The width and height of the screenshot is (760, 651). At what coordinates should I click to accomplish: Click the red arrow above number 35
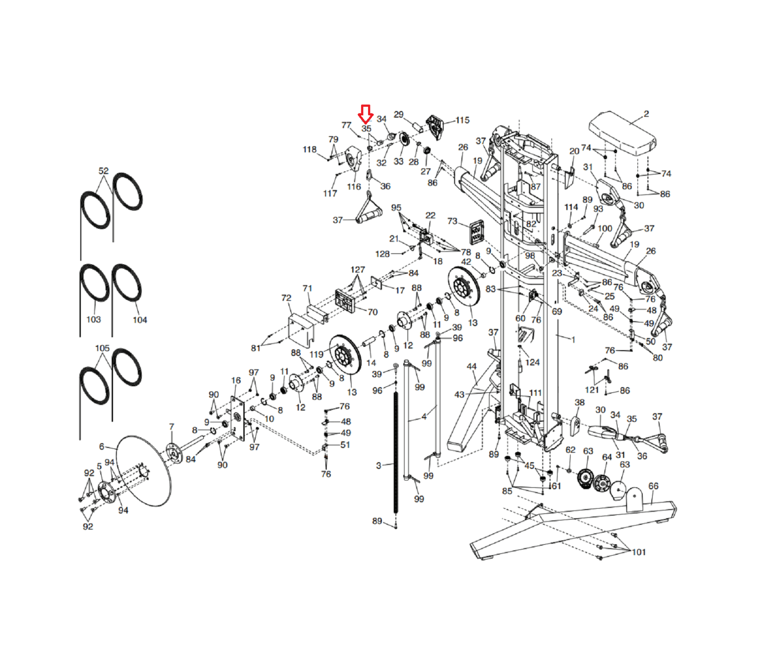point(365,114)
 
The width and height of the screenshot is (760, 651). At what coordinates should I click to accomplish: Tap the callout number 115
point(462,120)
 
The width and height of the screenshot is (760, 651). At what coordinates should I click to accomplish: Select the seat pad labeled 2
point(622,133)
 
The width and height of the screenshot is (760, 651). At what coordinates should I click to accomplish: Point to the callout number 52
point(104,171)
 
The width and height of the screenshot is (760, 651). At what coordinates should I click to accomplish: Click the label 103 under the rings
point(94,319)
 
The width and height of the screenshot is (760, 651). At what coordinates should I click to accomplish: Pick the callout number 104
point(140,320)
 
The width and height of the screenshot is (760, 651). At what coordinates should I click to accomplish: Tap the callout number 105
point(102,348)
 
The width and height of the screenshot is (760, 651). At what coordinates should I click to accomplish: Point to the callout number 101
point(639,552)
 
